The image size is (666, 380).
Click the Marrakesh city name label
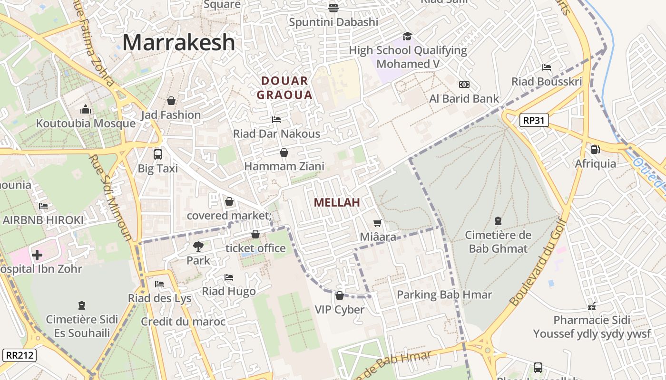point(178,42)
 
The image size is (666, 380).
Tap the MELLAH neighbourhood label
point(336,202)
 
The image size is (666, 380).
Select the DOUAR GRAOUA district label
point(284,87)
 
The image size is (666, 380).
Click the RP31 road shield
point(533,120)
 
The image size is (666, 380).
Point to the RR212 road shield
point(20,355)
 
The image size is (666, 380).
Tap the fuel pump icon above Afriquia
point(595,149)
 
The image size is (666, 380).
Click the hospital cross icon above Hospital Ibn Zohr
point(37,255)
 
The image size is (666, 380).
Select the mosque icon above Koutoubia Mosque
point(86,109)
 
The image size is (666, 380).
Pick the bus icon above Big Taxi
point(157,154)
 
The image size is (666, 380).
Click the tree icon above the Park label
point(198,246)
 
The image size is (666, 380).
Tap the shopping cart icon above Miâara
point(378,222)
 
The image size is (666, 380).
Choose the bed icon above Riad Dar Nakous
point(276,119)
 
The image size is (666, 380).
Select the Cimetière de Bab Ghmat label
point(498,241)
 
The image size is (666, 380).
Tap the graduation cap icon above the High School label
point(407,36)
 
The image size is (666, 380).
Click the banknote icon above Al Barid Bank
point(464,85)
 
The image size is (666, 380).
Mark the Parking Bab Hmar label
point(444,294)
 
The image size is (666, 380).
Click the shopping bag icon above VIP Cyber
point(339,295)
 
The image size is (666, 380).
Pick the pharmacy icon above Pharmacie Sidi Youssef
point(592,306)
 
